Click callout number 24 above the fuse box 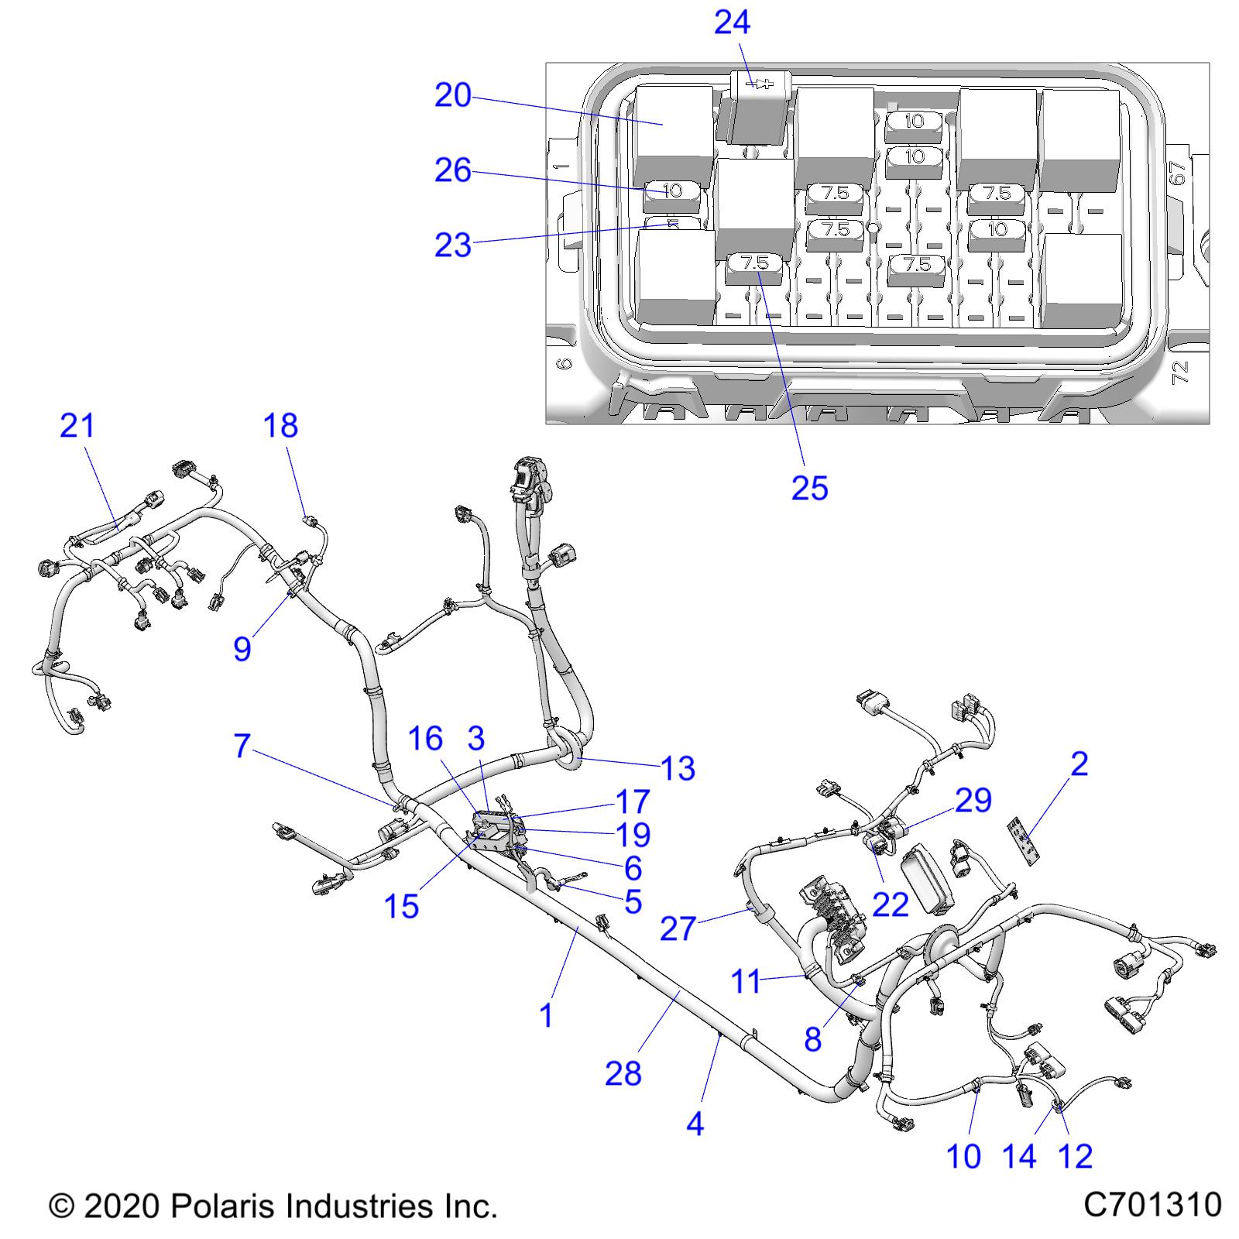coord(731,22)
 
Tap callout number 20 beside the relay coord(453,95)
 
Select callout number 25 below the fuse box coord(809,488)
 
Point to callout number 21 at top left coord(77,426)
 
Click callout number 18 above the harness coord(280,426)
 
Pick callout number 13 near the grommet coord(678,768)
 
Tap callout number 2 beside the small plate coord(1079,764)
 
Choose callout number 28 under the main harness coord(623,1074)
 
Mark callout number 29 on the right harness coord(973,800)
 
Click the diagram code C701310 coord(1152,1206)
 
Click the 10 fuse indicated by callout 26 coord(672,190)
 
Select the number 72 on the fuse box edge coord(1180,374)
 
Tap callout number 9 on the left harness coord(242,648)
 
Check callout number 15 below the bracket coord(401,906)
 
